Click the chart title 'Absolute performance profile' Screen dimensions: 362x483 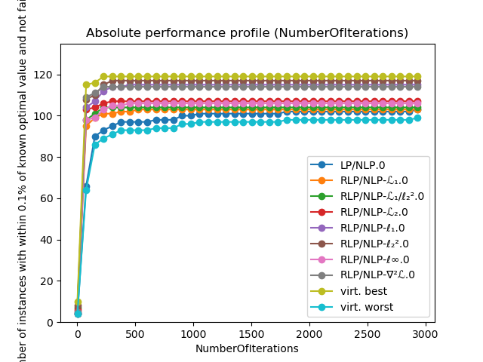(x=247, y=33)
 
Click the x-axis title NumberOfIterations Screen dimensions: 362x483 (x=247, y=348)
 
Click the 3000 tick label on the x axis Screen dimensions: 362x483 (x=426, y=333)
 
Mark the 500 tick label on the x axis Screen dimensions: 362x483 (x=135, y=333)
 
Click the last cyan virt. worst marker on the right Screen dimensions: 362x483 (x=417, y=118)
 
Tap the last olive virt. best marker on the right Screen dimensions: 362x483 (x=417, y=77)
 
